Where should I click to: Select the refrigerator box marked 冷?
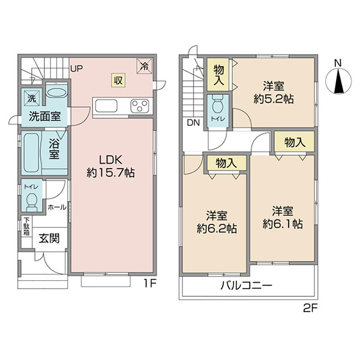(x=145, y=66)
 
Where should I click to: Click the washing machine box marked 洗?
(x=32, y=98)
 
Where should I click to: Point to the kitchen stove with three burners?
(x=139, y=106)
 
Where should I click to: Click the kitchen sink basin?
(x=106, y=106)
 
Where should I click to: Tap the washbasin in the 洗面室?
(x=56, y=93)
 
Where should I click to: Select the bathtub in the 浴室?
(x=31, y=153)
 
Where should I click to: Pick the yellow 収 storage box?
(x=118, y=80)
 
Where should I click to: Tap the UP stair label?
(x=76, y=68)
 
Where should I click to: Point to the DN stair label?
(x=193, y=123)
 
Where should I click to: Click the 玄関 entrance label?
(x=49, y=238)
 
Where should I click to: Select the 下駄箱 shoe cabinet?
(x=26, y=226)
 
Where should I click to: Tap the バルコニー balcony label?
(x=247, y=286)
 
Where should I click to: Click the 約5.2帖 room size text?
(x=274, y=99)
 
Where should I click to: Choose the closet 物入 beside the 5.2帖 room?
(x=218, y=75)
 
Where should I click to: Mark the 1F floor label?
(x=150, y=284)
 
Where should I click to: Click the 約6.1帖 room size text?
(x=283, y=224)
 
